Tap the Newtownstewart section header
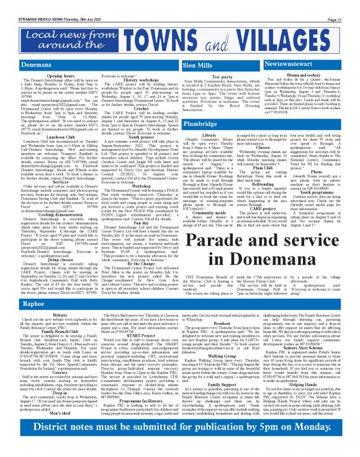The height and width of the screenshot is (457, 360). click(304, 64)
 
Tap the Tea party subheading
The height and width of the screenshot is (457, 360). click(222, 76)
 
